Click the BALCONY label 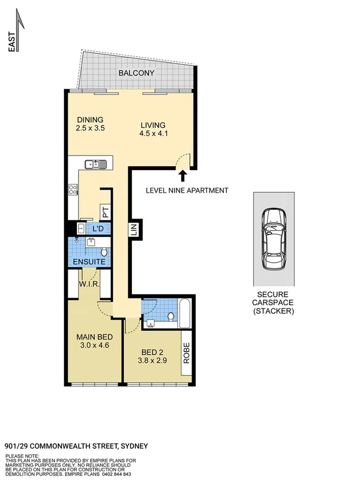136,73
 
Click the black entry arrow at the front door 183,175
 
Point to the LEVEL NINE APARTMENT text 187,191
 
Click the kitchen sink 95,163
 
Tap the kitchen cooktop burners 73,190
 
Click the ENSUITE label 89,262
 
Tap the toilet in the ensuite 104,251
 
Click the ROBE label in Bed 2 185,353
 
